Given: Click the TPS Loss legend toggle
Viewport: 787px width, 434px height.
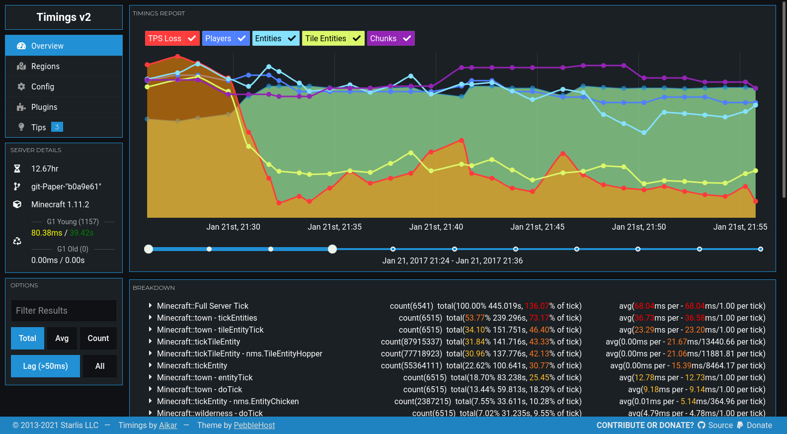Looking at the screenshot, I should click(x=172, y=38).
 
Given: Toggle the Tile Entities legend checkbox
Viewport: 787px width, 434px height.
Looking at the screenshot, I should click(x=356, y=38).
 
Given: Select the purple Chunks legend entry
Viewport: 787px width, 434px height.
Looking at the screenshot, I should click(x=391, y=38).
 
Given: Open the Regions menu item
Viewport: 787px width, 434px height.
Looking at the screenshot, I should click(x=45, y=66).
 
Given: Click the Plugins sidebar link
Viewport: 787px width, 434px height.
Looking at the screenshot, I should click(x=44, y=107).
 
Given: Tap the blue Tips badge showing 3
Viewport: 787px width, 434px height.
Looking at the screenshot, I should click(x=57, y=127).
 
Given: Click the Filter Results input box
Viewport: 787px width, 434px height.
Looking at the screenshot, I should click(x=64, y=311).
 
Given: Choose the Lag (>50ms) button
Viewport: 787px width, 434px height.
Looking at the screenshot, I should click(x=45, y=366).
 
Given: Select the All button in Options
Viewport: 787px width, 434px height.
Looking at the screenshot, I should click(x=100, y=366).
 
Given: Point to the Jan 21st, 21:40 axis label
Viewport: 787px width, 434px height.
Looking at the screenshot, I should click(x=436, y=227).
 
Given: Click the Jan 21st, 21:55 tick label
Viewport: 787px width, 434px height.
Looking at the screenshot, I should click(x=740, y=227).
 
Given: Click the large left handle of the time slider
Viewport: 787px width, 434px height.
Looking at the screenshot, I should click(x=149, y=249).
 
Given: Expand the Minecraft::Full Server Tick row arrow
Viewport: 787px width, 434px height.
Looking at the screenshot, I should click(x=150, y=306).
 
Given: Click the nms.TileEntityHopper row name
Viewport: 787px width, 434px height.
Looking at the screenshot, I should click(x=239, y=353).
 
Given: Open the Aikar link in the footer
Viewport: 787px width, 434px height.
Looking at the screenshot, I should click(x=168, y=425).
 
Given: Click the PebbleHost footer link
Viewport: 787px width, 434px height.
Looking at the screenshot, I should click(x=254, y=425).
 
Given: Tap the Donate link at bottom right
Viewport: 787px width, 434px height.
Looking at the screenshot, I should click(x=759, y=425).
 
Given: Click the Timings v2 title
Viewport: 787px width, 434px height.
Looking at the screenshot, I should click(x=64, y=17).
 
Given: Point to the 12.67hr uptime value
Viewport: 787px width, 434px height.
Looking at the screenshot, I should click(x=45, y=169).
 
